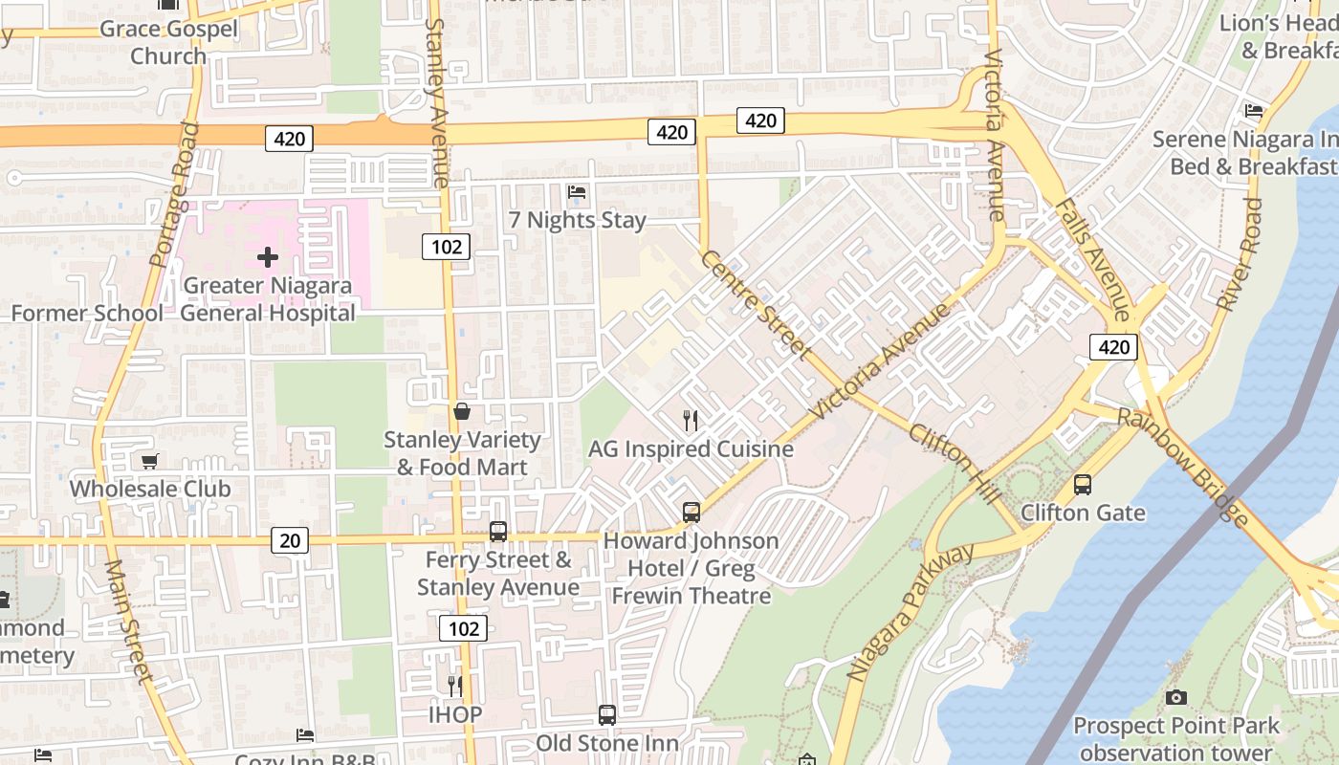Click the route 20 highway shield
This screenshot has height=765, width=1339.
(289, 540)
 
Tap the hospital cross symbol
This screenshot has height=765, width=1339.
(268, 256)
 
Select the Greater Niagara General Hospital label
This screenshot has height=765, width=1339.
(267, 299)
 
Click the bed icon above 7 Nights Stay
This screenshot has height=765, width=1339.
(577, 192)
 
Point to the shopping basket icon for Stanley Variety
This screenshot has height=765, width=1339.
(462, 411)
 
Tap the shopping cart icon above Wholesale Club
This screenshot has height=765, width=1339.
(150, 461)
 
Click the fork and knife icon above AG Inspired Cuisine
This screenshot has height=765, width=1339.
(691, 420)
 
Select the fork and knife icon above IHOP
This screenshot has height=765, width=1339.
(455, 686)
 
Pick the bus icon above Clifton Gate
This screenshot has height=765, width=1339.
(1083, 484)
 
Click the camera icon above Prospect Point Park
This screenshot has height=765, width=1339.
(1176, 697)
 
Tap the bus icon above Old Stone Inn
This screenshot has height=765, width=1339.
(607, 714)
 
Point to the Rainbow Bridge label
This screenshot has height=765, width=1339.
(1183, 467)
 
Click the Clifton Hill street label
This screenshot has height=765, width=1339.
(955, 463)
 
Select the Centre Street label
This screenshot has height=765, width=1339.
(756, 304)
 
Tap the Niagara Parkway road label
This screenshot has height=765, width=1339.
(911, 612)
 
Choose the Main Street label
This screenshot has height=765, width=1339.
(128, 622)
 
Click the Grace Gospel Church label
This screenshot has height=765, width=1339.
(168, 42)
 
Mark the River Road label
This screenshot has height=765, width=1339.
(1240, 254)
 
